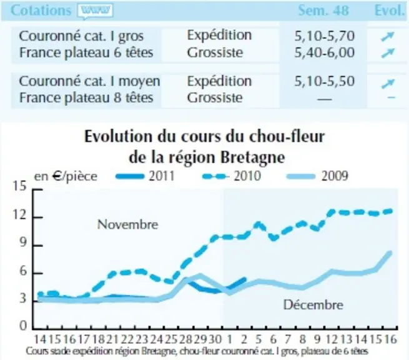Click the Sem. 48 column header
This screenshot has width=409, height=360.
323,11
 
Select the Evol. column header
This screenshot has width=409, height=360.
390,11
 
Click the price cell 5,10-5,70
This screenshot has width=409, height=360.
325,36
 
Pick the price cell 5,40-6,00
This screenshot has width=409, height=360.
325,52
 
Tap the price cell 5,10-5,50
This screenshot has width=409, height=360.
325,81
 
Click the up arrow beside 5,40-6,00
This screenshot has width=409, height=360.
387,52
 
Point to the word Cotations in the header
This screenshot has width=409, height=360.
41,11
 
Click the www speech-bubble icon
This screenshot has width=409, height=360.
95,11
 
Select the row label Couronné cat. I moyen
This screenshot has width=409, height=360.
89,81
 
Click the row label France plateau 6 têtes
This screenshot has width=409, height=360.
86,52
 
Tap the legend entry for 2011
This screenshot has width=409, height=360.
145,176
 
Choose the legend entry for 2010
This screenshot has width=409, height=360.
232,176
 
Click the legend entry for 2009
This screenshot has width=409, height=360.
317,176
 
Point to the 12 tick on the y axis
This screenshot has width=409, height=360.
20,215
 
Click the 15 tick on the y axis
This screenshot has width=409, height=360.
20,186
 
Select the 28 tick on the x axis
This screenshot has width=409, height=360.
185,339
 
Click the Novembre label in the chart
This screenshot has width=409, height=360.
127,224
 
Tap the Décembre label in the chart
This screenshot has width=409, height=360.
313,305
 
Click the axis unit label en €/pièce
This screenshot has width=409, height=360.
66,176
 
